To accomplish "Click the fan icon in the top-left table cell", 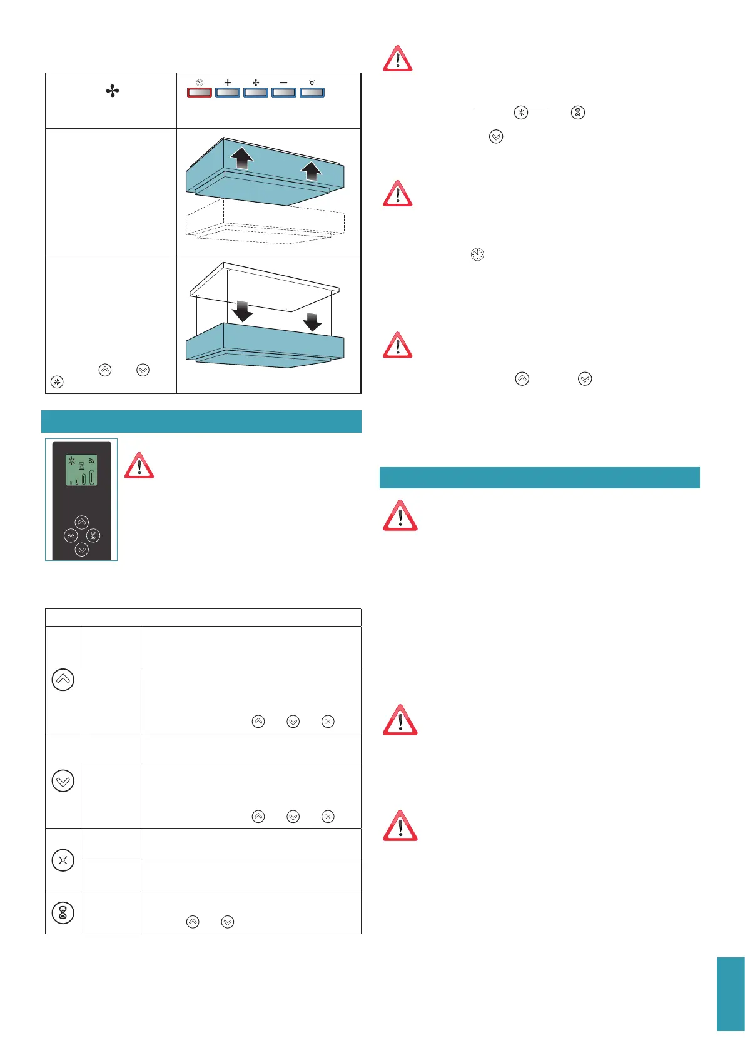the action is click(113, 92).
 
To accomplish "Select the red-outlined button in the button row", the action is click(200, 93).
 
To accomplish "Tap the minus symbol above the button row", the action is click(283, 83).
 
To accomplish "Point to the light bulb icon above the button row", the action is click(312, 83).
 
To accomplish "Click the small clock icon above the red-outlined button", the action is click(200, 83).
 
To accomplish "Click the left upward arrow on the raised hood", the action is click(241, 158).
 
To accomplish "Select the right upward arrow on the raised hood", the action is click(311, 169).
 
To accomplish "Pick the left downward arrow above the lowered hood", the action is click(242, 311).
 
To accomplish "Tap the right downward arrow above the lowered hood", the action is click(312, 321).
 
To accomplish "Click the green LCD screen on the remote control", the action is click(81, 470).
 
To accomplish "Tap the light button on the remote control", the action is click(71, 536).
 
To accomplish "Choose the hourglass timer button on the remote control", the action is click(93, 535).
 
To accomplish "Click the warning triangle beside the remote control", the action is click(139, 466).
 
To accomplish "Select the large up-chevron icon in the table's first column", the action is click(63, 680).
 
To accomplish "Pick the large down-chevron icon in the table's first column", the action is click(63, 780).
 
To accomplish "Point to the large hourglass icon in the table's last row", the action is click(63, 913).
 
